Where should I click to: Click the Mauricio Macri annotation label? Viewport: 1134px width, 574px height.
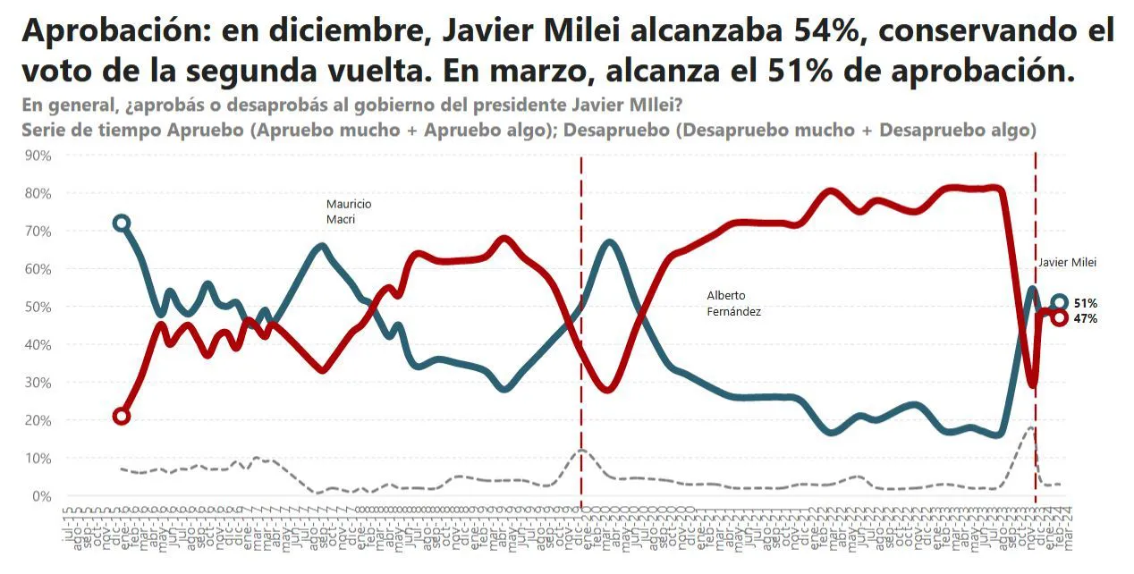point(348,211)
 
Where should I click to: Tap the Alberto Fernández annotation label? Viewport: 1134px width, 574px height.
point(732,303)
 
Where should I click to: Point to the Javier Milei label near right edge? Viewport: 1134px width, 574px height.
point(1066,263)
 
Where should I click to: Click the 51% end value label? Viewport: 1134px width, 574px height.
point(1086,303)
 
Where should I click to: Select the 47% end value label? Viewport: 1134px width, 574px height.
point(1086,318)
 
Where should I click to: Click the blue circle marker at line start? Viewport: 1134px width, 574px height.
point(122,223)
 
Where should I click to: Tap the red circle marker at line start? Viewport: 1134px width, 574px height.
point(122,416)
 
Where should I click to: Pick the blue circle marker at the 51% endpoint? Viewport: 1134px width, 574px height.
point(1059,302)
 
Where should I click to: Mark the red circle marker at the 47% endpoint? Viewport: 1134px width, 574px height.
point(1059,317)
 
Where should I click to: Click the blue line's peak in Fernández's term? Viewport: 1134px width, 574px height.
point(609,242)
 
